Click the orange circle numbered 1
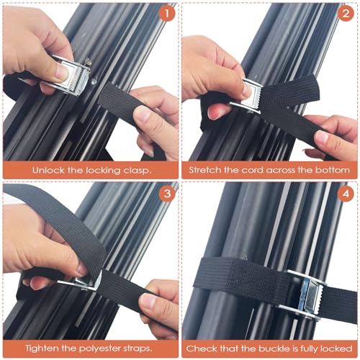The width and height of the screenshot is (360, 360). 167,14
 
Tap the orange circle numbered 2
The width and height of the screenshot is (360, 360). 346,14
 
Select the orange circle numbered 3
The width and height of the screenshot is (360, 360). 167,194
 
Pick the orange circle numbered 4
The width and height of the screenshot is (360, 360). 346,194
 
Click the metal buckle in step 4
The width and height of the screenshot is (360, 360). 305,294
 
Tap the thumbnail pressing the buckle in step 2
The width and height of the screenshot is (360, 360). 248,91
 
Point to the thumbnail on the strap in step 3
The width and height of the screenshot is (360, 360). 81,270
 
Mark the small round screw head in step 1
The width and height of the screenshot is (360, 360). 94,82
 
